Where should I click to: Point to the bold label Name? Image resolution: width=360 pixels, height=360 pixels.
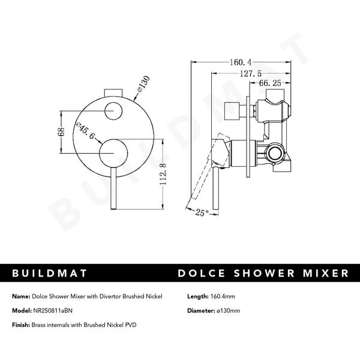20,296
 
